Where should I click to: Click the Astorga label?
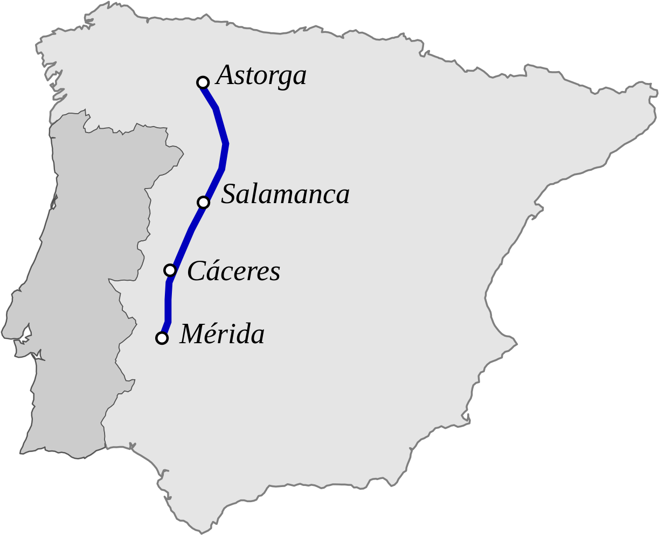click(261, 76)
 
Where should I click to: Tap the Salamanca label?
click(286, 194)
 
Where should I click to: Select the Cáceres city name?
click(234, 272)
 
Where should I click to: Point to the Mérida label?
click(222, 335)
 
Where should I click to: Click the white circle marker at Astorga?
click(203, 82)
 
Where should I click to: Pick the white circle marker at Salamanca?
click(203, 203)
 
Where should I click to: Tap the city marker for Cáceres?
click(170, 270)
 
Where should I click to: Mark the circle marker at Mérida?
click(162, 338)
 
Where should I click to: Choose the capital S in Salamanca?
click(229, 194)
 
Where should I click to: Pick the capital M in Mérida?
click(191, 335)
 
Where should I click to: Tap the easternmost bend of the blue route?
click(227, 144)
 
